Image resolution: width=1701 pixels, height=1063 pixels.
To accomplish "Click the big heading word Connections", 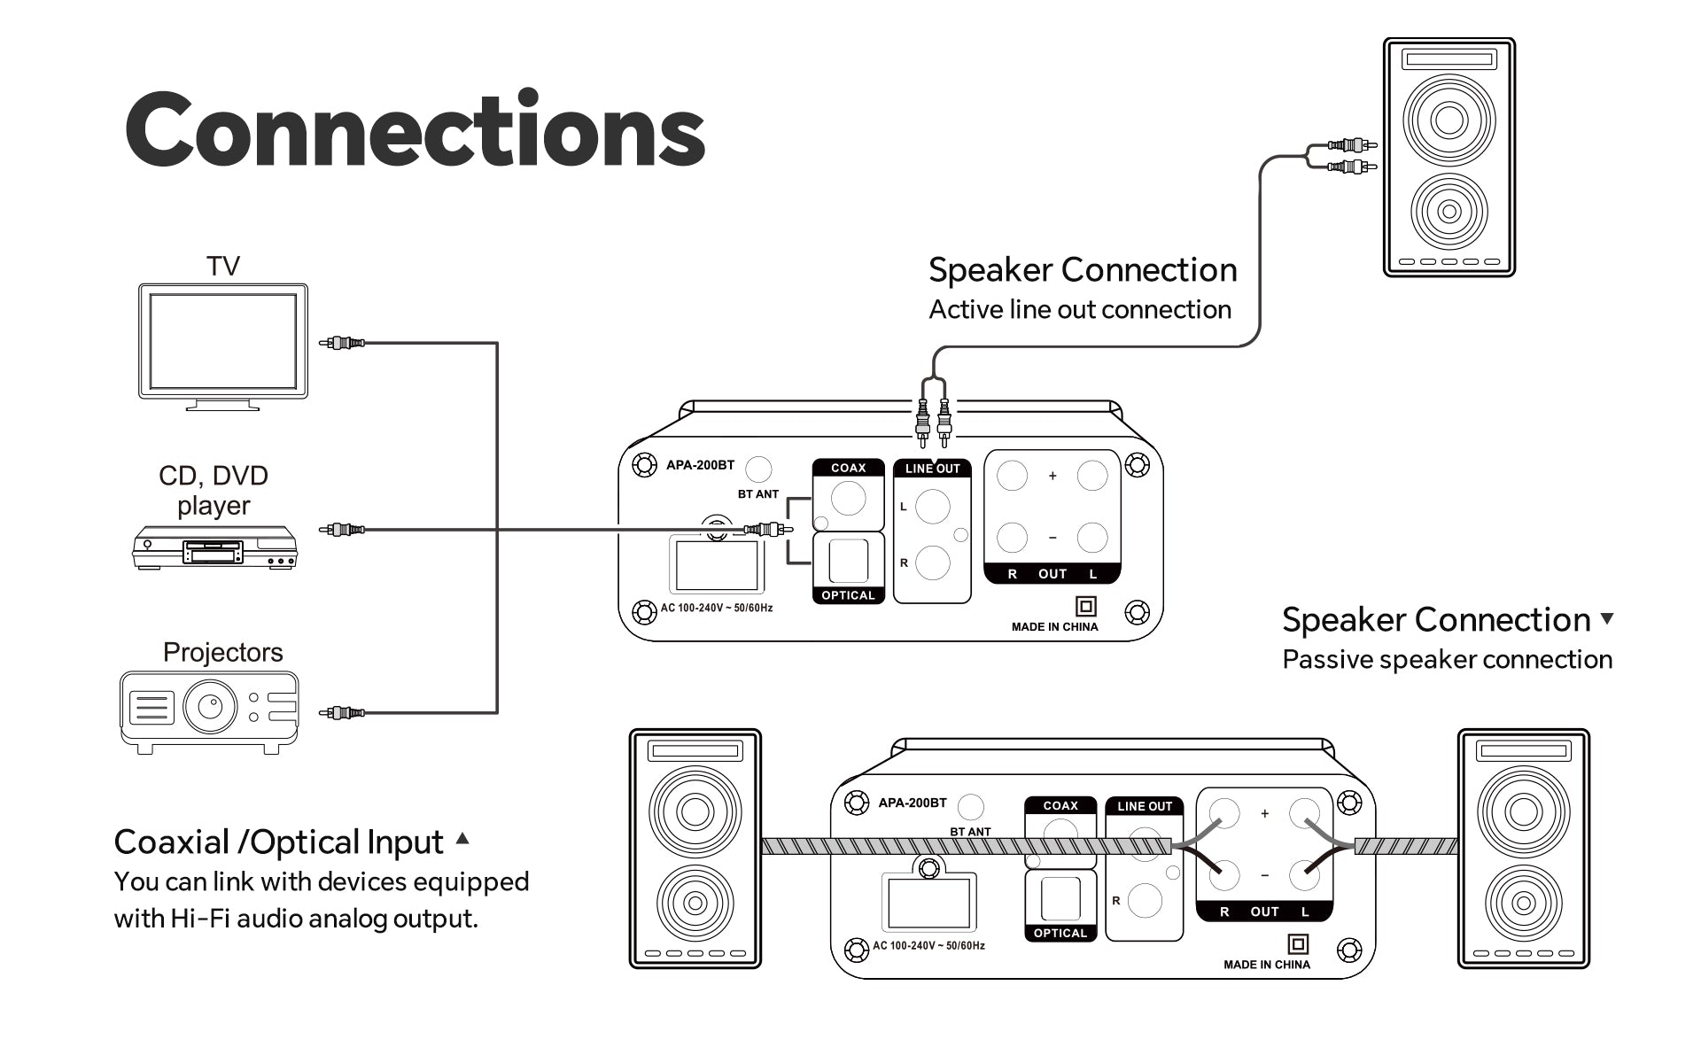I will pos(415,130).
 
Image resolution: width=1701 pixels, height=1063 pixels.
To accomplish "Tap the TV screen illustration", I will pos(222,341).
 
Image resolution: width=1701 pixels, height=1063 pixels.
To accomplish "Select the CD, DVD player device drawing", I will pos(214,547).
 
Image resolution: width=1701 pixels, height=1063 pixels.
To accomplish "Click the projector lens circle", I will pos(210,706).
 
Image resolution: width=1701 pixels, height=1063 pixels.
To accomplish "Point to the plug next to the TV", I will pos(342,342).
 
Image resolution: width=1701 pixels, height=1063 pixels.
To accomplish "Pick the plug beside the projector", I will pos(342,712).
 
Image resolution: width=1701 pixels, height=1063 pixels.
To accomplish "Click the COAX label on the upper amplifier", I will pos(848,468).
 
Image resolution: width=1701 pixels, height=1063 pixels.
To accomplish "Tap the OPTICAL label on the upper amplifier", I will pos(848,595).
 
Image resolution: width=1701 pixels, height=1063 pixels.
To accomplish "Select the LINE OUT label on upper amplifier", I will pos(932,469).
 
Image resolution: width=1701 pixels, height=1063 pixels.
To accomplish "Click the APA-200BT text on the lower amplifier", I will pos(912,803).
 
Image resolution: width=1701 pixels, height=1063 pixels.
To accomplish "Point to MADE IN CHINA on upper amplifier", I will pos(1054,626).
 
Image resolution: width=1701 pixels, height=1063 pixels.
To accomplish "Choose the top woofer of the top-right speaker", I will pos(1449,120).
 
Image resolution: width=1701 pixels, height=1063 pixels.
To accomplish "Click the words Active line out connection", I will pos(1080,309).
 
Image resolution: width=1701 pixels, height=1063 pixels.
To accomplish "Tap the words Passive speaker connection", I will pos(1447,659).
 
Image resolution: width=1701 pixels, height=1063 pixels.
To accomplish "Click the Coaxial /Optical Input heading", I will pos(279,842).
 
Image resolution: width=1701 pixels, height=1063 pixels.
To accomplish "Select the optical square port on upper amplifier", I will pos(848,560).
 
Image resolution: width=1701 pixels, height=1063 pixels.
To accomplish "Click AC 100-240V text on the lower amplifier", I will pos(928,945).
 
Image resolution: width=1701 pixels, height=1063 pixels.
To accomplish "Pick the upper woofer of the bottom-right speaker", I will pos(1524,811).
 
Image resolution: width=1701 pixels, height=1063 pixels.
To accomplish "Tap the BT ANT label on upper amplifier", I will pos(757,494).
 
